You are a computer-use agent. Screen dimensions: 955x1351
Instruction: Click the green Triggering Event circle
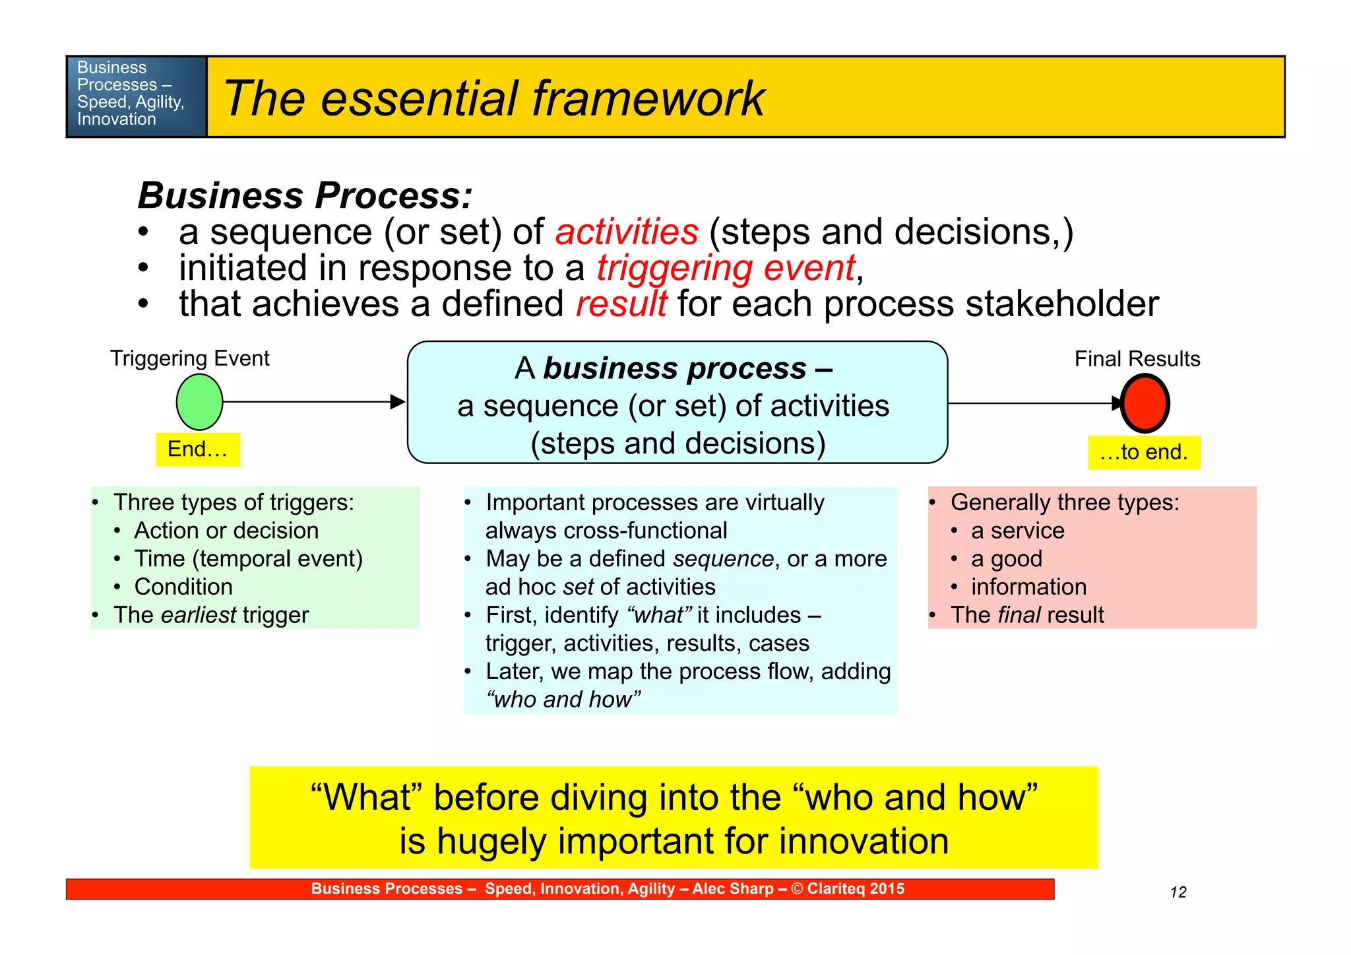tap(199, 402)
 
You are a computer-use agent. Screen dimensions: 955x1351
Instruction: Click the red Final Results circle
tap(1145, 403)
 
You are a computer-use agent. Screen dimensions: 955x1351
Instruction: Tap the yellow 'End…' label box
tap(198, 449)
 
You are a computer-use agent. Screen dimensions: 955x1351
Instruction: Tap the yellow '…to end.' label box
tap(1143, 452)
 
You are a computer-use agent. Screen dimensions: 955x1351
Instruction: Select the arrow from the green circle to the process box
tap(310, 401)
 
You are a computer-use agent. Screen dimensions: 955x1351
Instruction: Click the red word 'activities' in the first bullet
tap(626, 232)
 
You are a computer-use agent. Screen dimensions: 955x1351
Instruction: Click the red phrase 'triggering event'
tap(726, 268)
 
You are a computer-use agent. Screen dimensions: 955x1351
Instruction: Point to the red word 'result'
tap(621, 304)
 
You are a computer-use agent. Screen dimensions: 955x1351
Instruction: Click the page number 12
tap(1178, 892)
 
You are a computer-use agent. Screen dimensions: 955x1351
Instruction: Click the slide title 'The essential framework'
tap(493, 98)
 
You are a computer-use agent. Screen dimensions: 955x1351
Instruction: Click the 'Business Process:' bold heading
tap(305, 195)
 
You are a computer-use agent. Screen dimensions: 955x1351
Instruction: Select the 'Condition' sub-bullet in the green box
tap(183, 587)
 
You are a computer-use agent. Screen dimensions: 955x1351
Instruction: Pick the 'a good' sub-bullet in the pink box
tap(1006, 559)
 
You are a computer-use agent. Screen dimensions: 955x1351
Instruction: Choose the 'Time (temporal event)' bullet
tap(248, 559)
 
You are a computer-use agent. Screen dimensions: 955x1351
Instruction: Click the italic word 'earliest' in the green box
tap(198, 615)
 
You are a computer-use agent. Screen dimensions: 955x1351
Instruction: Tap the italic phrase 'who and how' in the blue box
tap(563, 700)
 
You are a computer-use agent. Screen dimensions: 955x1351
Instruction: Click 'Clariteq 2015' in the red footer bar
tap(855, 889)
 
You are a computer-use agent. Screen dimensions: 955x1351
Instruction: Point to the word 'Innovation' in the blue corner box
tap(117, 119)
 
